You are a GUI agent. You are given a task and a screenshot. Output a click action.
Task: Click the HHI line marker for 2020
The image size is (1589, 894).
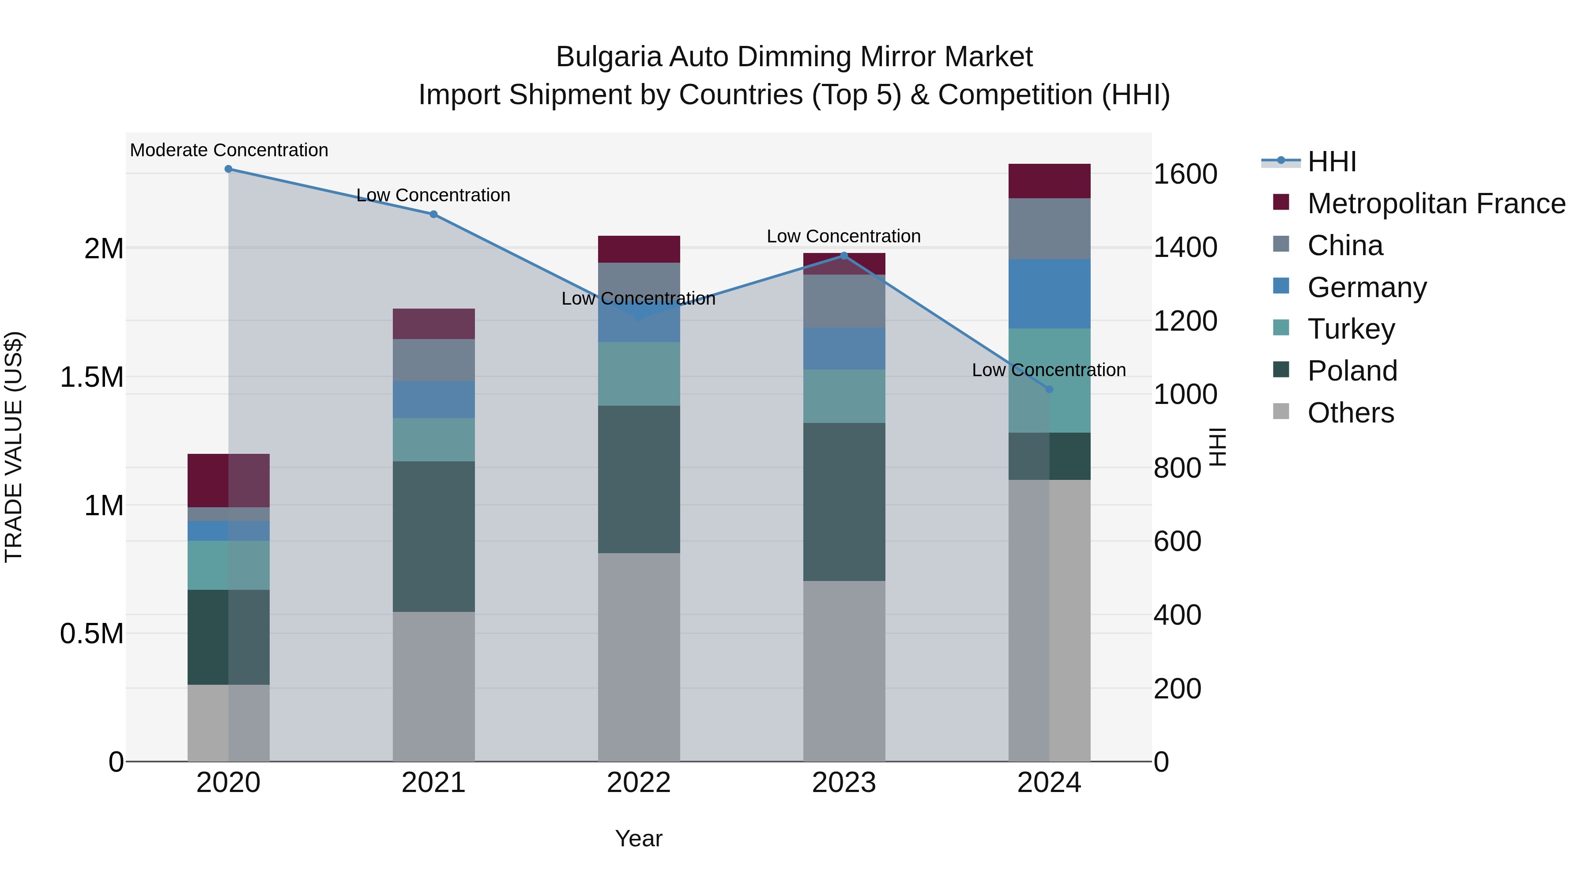228,169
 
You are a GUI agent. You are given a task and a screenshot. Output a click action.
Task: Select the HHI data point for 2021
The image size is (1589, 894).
433,214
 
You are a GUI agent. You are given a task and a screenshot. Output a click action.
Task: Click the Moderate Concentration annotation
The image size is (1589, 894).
229,150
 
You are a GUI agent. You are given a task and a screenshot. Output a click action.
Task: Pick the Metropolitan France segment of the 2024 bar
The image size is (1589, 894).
1049,181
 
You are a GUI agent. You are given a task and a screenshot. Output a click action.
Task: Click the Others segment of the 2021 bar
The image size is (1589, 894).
433,686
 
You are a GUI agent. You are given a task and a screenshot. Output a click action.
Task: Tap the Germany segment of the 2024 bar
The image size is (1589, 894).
1049,294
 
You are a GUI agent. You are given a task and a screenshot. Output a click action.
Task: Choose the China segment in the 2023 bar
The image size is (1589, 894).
844,301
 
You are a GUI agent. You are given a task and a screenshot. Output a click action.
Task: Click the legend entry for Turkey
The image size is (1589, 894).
1351,329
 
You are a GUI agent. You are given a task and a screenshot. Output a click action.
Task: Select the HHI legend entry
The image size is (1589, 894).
1331,162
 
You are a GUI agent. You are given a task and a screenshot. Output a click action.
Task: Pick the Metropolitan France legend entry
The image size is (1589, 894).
1436,204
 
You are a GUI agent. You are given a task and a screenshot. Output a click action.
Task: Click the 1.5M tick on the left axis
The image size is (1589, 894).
92,377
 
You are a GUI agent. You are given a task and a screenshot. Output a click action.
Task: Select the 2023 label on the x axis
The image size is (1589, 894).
844,783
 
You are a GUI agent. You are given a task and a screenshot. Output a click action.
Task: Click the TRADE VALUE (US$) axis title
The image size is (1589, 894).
14,447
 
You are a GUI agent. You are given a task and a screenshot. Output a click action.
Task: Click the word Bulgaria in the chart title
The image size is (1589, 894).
608,57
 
